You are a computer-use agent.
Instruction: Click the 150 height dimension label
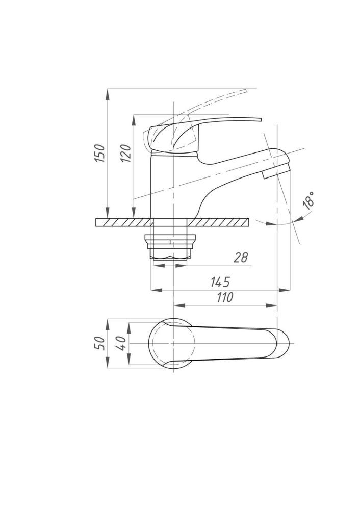pos(100,153)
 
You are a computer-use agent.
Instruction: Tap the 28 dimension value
pos(240,257)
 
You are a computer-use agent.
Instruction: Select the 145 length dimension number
pos(220,282)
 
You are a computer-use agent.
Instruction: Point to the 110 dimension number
pos(225,297)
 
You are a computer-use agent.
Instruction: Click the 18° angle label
pos(308,200)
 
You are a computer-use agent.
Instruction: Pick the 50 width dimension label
pos(100,343)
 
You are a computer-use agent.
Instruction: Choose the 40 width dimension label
pos(121,343)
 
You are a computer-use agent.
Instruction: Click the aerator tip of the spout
pos(276,171)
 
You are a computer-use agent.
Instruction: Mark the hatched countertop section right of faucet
pos(218,222)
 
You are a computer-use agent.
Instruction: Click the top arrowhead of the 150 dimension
pos(108,94)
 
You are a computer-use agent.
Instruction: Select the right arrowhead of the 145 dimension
pos(285,290)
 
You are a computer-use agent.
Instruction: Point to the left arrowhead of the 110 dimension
pos(179,305)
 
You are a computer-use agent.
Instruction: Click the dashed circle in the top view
pos(172,343)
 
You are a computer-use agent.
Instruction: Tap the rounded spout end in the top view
pos(282,343)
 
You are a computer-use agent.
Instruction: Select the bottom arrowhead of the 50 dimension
pos(108,363)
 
